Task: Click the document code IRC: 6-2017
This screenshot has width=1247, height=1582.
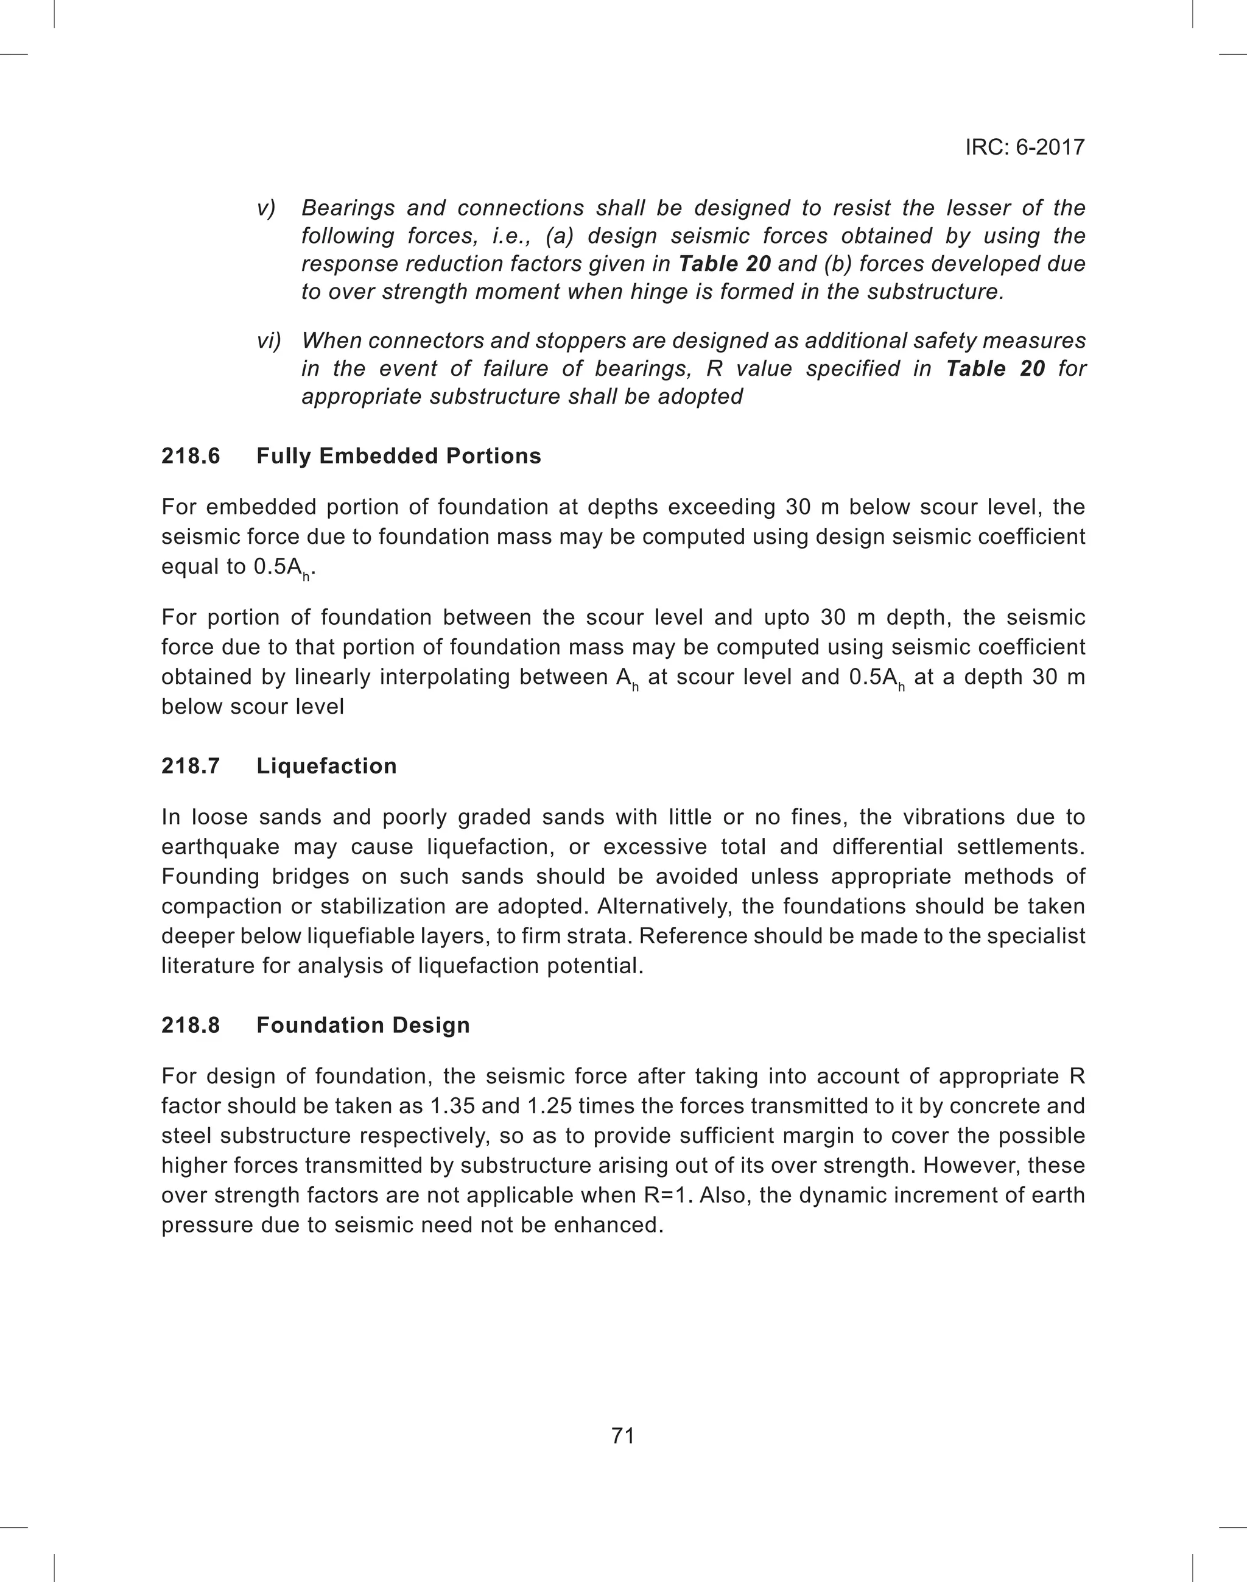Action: coord(1024,147)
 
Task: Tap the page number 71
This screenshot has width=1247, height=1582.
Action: coord(623,1435)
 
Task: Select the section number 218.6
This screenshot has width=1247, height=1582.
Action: coord(191,456)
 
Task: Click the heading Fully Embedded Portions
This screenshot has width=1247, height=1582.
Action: coord(399,456)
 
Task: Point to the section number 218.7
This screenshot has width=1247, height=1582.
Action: coord(191,766)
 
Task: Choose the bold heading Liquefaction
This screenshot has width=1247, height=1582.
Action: coord(326,766)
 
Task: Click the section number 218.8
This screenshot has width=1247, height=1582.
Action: coord(191,1025)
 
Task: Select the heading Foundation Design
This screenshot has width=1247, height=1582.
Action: coord(363,1025)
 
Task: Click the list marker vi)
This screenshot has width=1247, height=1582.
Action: coord(269,341)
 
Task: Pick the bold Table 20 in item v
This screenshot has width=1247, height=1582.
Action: coord(724,264)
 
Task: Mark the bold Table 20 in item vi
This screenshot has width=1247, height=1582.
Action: coord(995,368)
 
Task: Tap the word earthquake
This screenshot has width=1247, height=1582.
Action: coord(220,847)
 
